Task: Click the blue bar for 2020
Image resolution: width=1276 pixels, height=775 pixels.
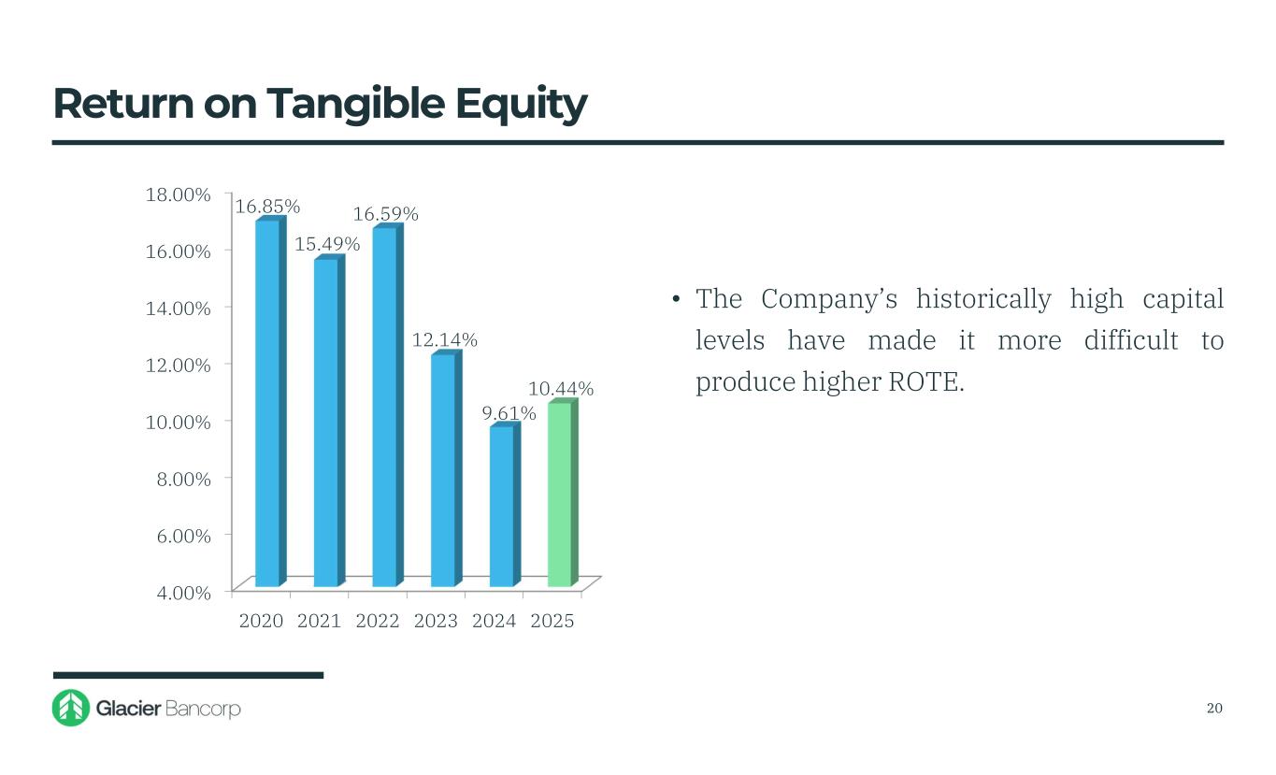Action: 266,402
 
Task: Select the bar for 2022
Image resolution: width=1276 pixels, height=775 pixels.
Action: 384,407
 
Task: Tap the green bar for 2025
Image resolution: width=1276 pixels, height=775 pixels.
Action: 559,494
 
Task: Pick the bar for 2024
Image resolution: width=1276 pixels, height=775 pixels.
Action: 501,506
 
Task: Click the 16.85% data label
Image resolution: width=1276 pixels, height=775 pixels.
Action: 267,206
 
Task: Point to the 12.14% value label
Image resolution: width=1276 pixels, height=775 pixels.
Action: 445,340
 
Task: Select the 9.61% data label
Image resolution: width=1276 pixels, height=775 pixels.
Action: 515,412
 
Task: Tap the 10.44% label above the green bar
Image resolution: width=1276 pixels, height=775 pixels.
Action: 561,388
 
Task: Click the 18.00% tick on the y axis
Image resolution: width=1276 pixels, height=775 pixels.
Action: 177,194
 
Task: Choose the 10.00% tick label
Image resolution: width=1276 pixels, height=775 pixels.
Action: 177,422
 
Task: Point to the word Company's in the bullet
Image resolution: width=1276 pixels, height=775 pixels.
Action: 829,299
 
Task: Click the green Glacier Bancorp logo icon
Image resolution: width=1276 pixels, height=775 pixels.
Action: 70,708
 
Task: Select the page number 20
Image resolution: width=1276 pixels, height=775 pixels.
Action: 1214,708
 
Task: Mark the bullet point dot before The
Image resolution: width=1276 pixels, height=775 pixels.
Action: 675,300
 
